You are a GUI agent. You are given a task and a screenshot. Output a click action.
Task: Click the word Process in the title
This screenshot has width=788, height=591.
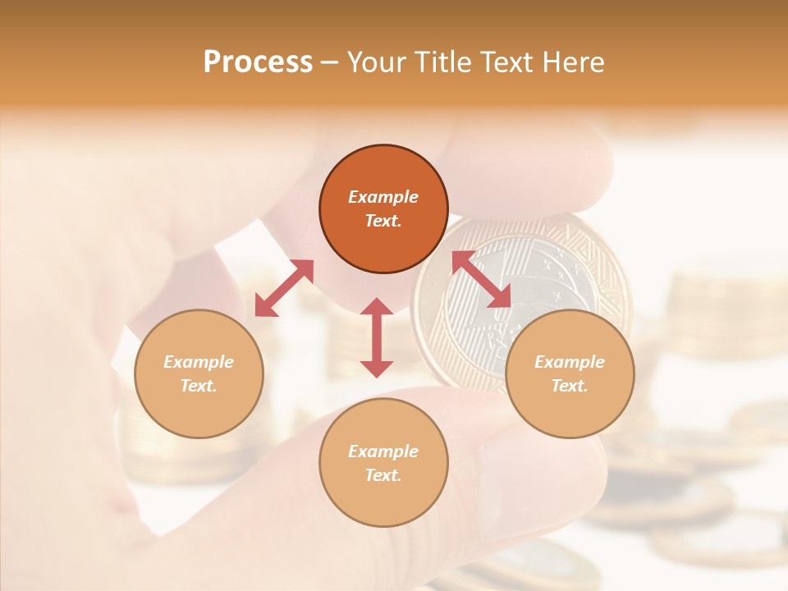point(258,62)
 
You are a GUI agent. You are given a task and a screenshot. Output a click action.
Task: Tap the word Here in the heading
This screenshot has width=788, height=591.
point(573,62)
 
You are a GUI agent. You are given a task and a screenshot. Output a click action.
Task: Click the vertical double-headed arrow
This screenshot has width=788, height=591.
point(377,337)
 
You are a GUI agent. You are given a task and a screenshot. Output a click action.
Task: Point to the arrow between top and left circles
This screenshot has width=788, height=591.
point(284,288)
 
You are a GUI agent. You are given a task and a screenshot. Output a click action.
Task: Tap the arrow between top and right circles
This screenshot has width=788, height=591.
point(481,280)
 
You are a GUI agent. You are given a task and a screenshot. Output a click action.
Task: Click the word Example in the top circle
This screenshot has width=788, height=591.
point(383,197)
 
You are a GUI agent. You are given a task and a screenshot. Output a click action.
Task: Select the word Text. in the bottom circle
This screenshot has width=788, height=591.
point(383,475)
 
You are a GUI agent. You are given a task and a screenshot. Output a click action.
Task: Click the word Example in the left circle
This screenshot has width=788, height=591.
point(199,362)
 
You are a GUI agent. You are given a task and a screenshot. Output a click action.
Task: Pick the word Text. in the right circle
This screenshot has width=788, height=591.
point(570,386)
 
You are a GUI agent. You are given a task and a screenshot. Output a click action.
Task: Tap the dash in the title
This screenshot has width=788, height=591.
point(330,62)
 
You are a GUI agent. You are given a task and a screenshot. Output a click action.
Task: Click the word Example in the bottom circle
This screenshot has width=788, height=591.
point(383,451)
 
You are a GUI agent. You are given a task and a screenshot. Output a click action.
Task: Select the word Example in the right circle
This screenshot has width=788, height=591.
point(570,362)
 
